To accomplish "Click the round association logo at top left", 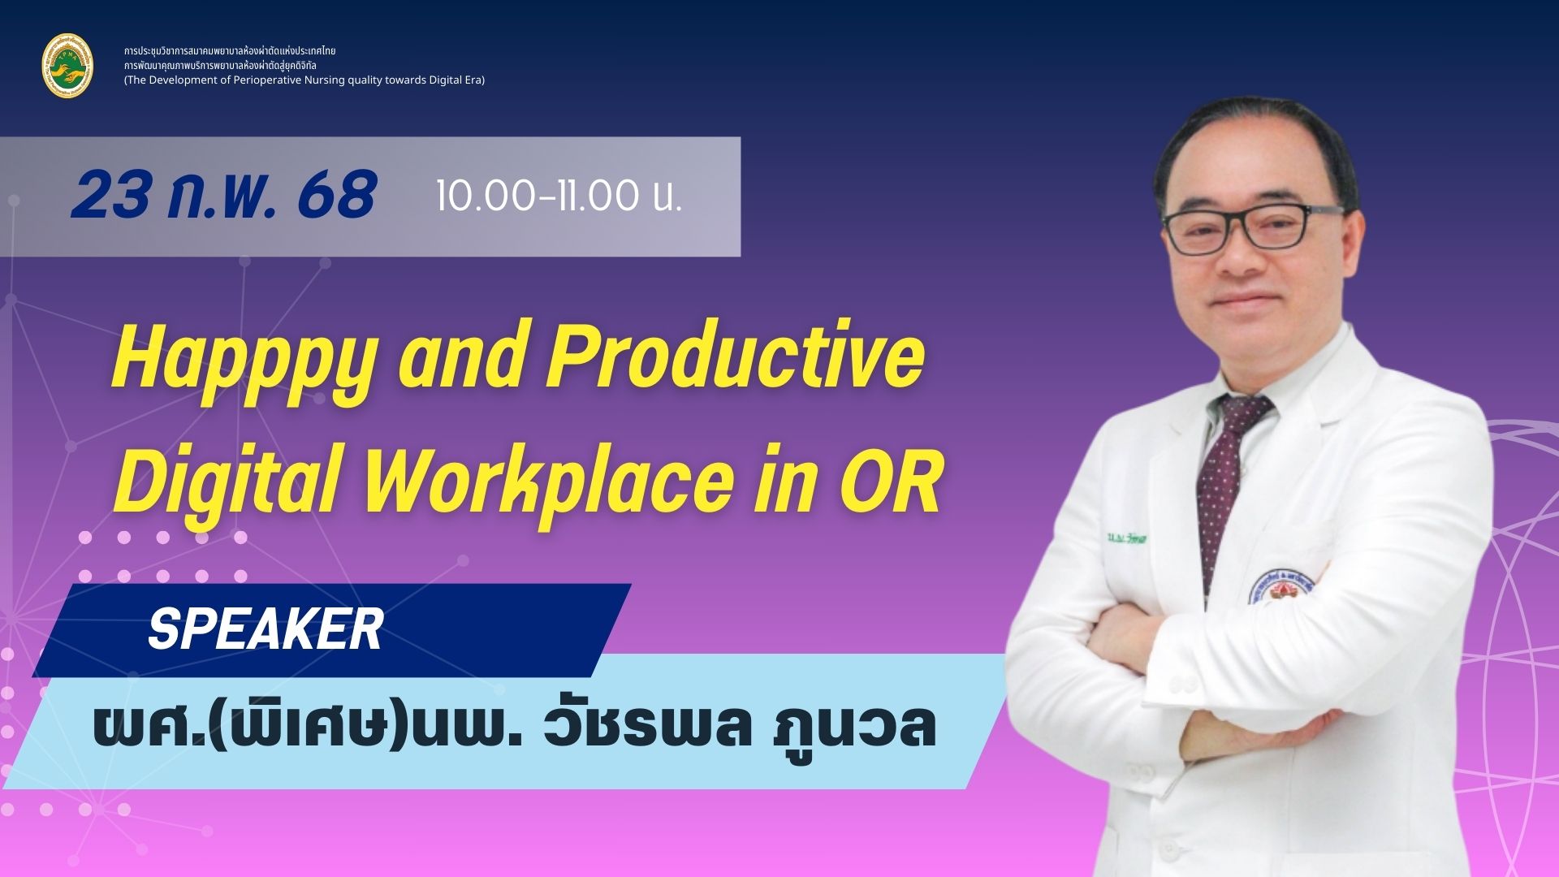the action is coord(67,66).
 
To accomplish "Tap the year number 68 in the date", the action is coord(336,196).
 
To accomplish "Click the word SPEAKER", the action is coord(265,629).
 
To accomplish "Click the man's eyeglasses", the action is coord(1251,227).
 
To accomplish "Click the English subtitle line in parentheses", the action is coord(304,80).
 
